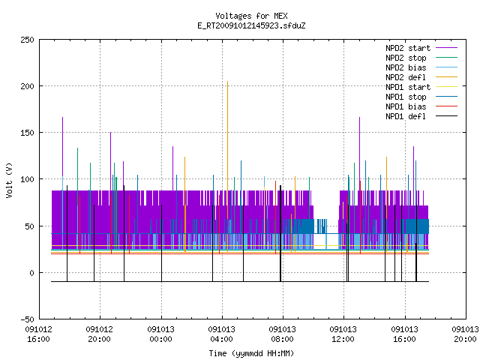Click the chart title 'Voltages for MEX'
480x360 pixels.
[x=251, y=16]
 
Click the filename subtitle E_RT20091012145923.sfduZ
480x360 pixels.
[x=251, y=25]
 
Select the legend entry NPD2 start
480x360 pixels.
[x=408, y=48]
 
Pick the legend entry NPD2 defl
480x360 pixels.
[x=406, y=77]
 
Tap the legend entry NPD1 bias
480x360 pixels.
[x=406, y=106]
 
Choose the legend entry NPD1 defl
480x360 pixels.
[x=406, y=117]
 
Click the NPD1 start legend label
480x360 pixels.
[x=408, y=87]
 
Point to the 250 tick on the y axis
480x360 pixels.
[x=27, y=40]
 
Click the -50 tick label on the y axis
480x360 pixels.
[x=27, y=319]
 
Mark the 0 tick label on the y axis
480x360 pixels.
[x=31, y=273]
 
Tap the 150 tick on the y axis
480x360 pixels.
[x=27, y=133]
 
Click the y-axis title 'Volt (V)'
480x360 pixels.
[x=9, y=180]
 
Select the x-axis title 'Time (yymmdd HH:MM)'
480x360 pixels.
[x=251, y=353]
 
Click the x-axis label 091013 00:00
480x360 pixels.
[x=160, y=334]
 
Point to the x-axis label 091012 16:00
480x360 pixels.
[x=38, y=334]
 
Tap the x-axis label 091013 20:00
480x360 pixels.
[x=465, y=334]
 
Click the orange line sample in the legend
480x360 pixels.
[x=446, y=77]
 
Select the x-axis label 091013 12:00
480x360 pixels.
[x=343, y=334]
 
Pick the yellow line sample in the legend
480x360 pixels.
[x=446, y=87]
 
